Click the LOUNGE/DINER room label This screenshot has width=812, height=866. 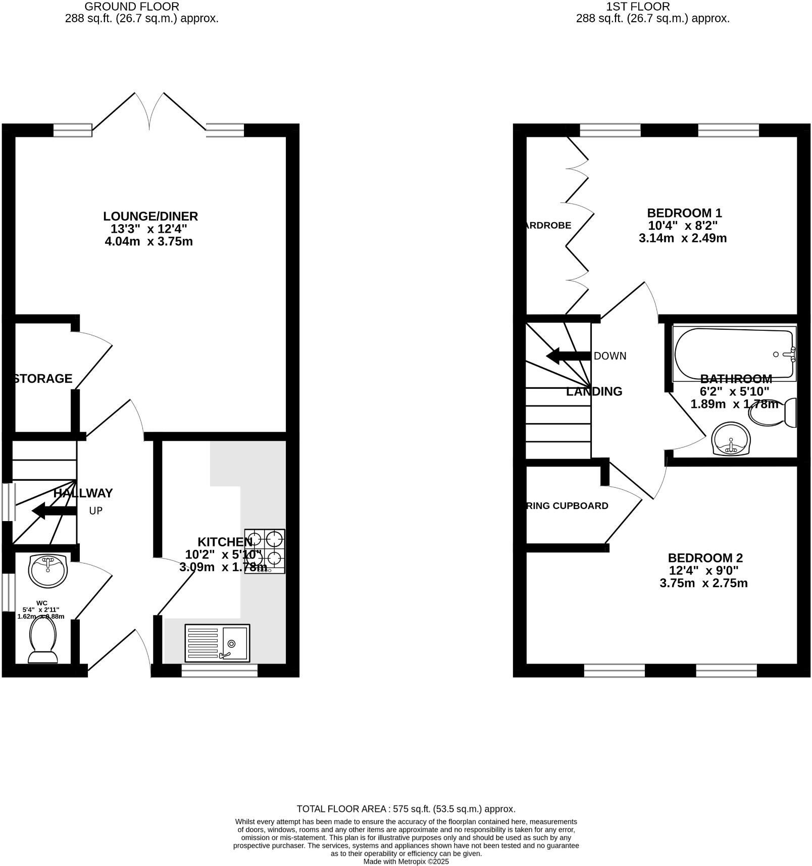tap(150, 217)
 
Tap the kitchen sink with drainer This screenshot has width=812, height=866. tap(217, 643)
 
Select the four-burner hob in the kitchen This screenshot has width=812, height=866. tap(265, 551)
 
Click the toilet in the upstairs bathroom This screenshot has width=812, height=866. tap(773, 414)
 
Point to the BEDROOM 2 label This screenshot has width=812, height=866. tap(705, 558)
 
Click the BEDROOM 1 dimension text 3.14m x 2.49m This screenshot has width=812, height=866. tap(683, 238)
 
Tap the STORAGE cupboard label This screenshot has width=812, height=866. tap(43, 379)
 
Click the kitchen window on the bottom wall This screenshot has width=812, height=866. tap(220, 671)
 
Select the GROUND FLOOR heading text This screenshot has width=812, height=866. tap(132, 7)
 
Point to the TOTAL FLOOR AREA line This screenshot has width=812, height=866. tap(406, 808)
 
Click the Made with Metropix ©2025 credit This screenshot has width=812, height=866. tap(406, 861)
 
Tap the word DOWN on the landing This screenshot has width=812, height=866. tap(610, 356)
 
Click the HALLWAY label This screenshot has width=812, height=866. tap(83, 493)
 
